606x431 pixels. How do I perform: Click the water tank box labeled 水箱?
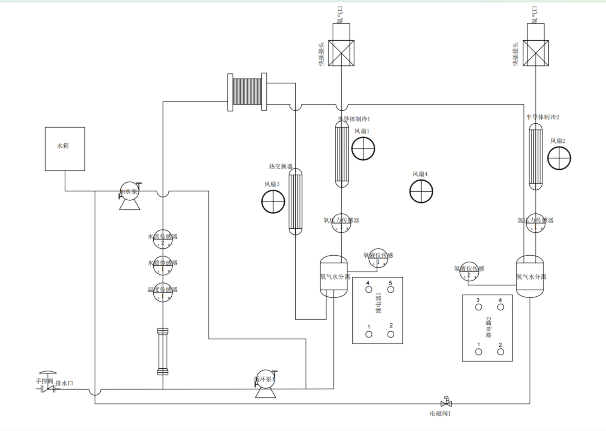[65, 149]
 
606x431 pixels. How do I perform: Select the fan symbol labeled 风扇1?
[363, 149]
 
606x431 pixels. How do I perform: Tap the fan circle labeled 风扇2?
[559, 158]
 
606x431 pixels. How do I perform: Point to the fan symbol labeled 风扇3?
[273, 201]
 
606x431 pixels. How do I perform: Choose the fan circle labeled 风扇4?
[421, 191]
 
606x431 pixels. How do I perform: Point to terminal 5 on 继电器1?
[390, 289]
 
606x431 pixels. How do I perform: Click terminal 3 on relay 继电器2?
[478, 307]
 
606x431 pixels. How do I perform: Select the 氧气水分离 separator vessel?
[334, 277]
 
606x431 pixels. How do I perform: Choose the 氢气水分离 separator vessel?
[530, 277]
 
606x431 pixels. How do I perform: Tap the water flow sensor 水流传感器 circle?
[163, 239]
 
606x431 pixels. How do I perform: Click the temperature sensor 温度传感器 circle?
[163, 292]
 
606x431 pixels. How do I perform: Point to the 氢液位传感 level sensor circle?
[469, 271]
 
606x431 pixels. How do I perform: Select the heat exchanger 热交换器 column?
[296, 202]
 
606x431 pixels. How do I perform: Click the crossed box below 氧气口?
[341, 53]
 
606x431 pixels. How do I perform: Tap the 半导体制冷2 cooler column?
[536, 157]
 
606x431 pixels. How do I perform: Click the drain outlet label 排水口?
[64, 383]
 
